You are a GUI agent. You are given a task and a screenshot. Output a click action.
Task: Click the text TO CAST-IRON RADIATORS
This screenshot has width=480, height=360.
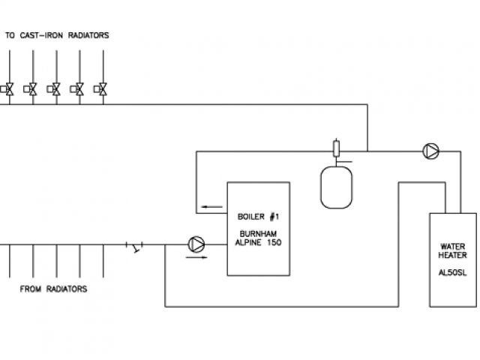click(x=58, y=35)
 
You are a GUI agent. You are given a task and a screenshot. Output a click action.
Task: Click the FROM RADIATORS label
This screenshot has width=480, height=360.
click(x=52, y=289)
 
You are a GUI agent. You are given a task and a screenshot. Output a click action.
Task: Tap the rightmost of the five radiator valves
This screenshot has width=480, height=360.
click(x=100, y=88)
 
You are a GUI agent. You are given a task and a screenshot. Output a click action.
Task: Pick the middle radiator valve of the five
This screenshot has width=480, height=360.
click(x=55, y=88)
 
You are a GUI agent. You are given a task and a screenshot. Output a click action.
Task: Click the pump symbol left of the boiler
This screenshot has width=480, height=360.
click(x=196, y=244)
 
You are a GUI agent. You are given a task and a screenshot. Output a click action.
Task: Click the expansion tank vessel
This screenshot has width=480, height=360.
click(x=336, y=186)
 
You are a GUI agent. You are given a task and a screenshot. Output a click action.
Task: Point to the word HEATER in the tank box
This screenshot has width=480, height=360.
click(x=452, y=255)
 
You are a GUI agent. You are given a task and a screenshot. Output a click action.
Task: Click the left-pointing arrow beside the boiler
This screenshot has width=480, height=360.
click(x=211, y=208)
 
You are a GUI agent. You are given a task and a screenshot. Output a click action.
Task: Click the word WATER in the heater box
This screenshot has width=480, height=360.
click(x=452, y=246)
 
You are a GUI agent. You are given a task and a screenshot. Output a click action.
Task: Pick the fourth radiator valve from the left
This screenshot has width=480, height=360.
click(x=77, y=88)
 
